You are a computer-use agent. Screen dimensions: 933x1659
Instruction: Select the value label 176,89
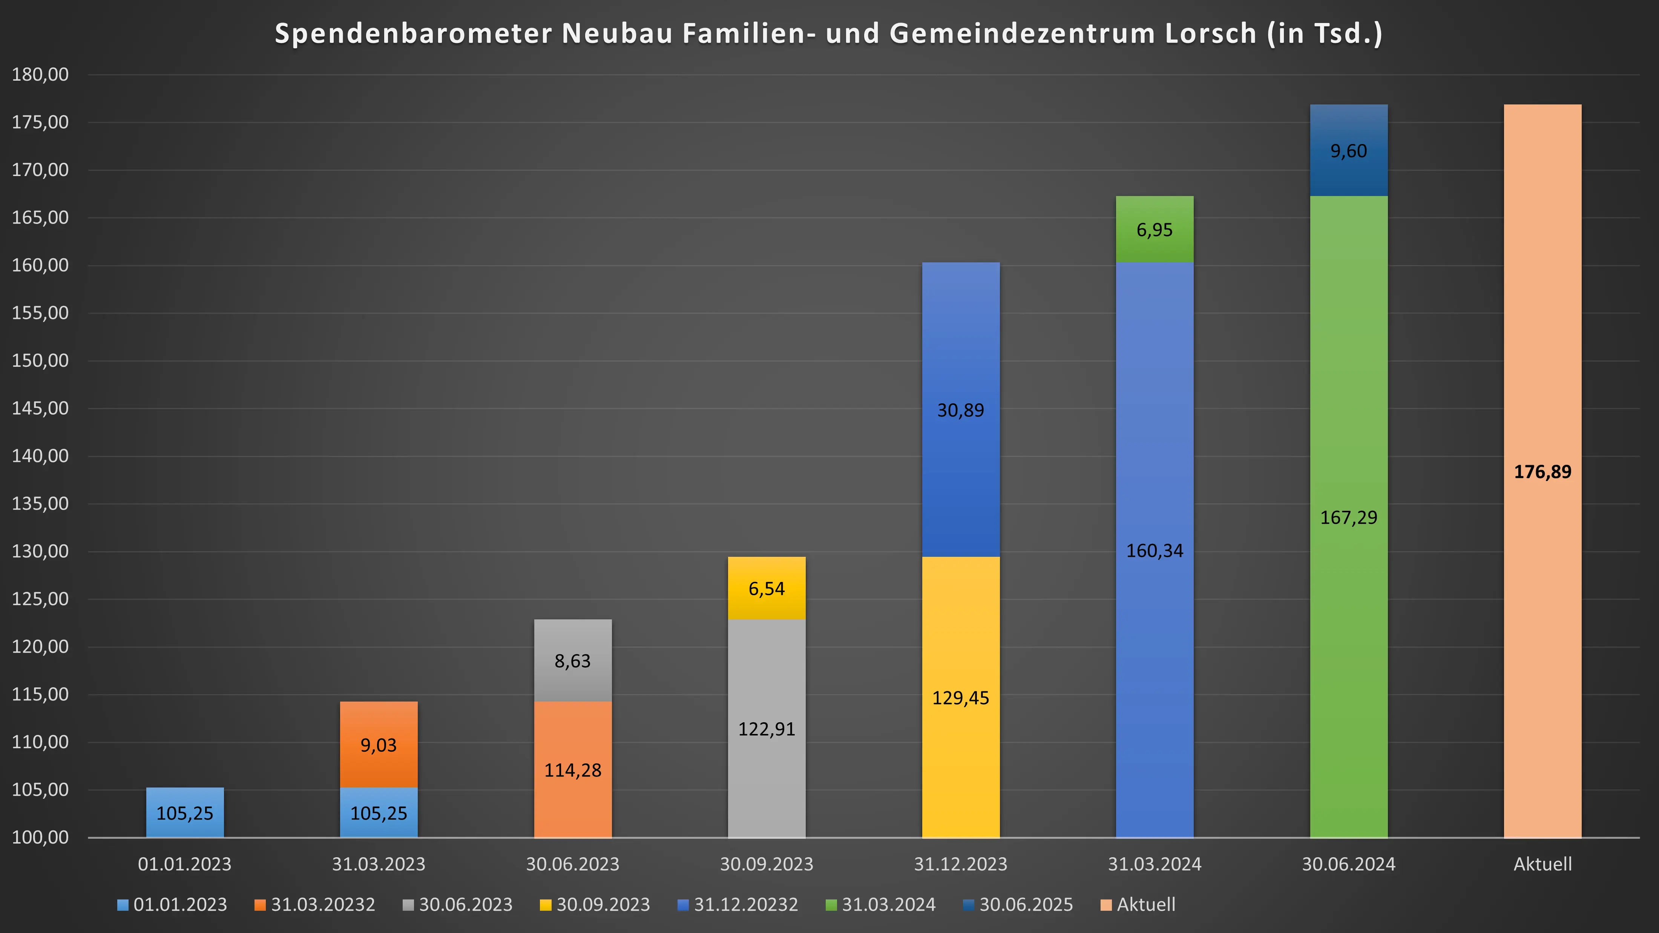pos(1542,472)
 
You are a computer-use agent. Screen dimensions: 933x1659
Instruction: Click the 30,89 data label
pos(960,410)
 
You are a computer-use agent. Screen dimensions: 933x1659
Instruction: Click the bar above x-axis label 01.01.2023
pos(185,813)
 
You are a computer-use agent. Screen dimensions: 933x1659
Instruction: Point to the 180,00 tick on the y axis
pos(40,75)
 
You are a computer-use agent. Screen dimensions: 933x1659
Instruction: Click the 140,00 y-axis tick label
pos(40,456)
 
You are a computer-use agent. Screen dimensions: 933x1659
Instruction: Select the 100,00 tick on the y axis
pos(40,837)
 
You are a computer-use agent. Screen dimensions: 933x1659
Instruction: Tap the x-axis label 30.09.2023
pos(767,864)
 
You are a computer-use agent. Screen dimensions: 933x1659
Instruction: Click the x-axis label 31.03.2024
pos(1154,864)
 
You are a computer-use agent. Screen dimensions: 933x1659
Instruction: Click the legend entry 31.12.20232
pos(745,905)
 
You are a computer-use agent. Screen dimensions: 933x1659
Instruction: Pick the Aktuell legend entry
pos(1145,905)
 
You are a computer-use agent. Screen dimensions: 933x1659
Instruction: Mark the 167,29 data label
pos(1349,518)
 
